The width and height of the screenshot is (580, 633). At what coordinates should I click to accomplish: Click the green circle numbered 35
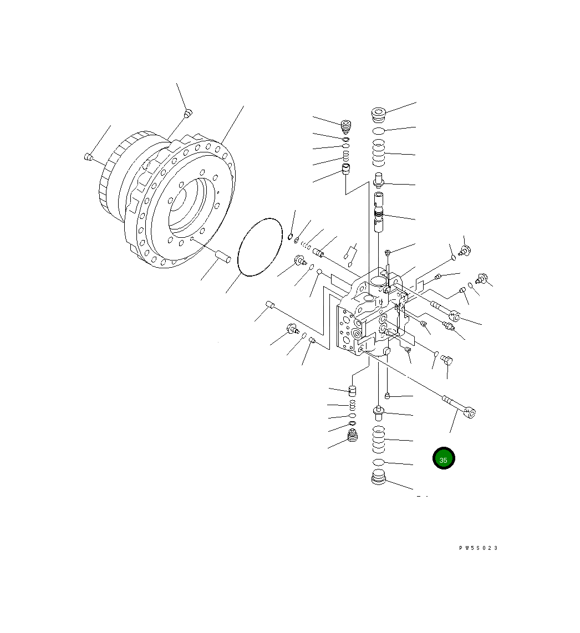444,458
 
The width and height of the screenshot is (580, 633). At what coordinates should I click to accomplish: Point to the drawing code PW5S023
478,548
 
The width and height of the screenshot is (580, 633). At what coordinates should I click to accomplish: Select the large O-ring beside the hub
260,247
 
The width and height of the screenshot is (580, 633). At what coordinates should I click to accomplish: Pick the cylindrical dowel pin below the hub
222,256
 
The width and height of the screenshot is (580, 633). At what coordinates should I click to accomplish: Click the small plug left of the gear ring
89,157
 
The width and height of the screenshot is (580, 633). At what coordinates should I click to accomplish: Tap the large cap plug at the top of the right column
379,115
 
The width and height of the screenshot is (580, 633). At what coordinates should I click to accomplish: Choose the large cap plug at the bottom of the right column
379,477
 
